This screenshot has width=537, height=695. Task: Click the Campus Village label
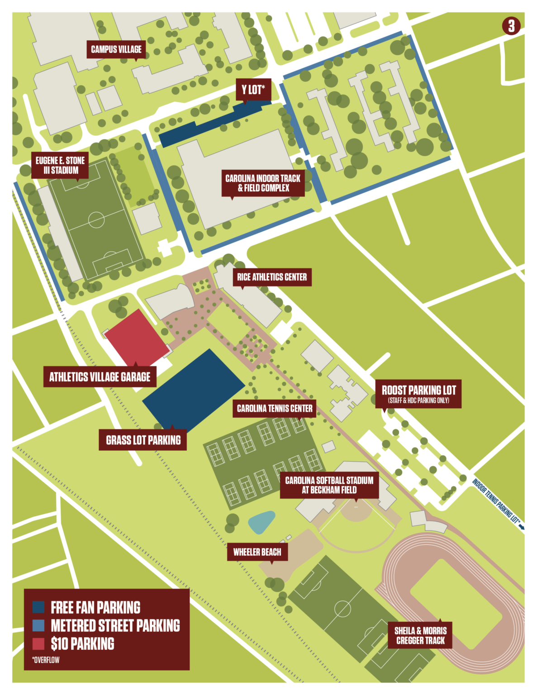(116, 49)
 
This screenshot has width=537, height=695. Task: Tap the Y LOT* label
(253, 90)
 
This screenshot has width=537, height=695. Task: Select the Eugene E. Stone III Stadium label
(60, 166)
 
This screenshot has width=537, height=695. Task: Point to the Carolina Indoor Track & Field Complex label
(263, 183)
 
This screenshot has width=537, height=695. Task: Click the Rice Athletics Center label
(272, 277)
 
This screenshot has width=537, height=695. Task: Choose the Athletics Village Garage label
(100, 377)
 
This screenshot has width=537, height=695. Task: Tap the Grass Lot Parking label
(143, 440)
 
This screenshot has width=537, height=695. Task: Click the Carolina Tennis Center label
(275, 409)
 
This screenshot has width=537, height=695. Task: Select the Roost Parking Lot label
(418, 393)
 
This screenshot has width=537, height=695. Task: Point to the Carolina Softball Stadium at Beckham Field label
(329, 485)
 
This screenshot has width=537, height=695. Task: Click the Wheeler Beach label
(257, 552)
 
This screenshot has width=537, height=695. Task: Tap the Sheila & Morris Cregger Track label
(420, 636)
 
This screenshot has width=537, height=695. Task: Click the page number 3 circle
(511, 26)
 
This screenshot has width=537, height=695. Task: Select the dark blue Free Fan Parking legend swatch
(38, 607)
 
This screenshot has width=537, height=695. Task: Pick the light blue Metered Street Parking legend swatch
(38, 625)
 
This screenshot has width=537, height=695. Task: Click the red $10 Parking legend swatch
(38, 643)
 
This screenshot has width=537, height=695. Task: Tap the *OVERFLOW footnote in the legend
(46, 660)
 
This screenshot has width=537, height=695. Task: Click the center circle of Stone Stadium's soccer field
(96, 220)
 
